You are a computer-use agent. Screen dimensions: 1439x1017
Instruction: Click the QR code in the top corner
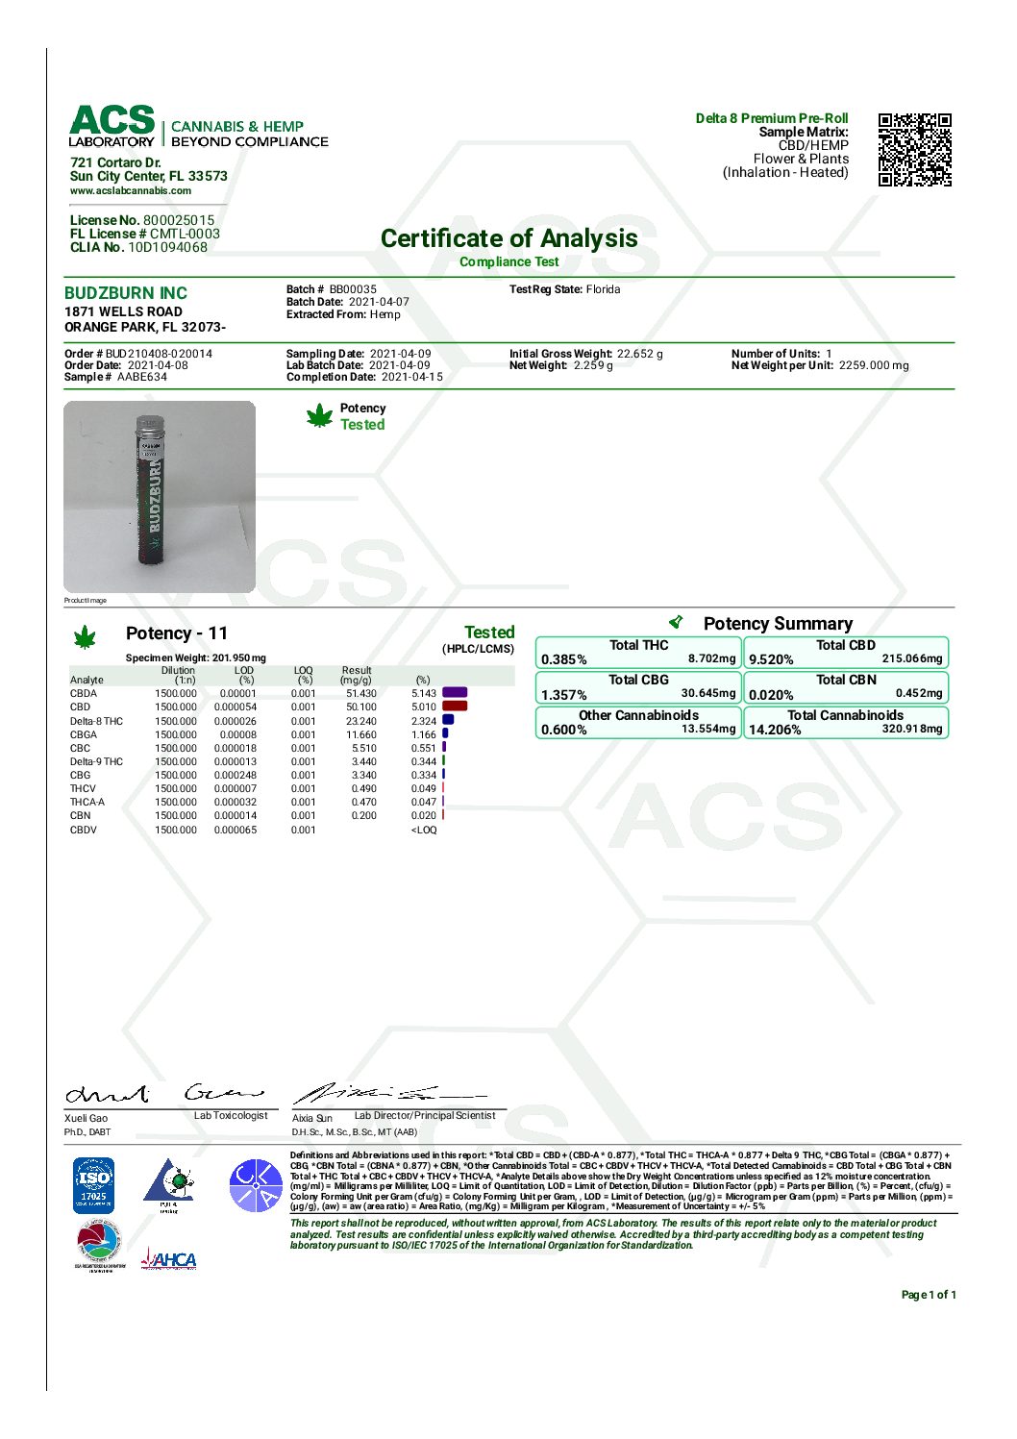click(x=914, y=150)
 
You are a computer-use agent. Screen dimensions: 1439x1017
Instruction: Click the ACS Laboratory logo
click(x=112, y=126)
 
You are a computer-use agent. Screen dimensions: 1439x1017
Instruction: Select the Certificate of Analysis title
click(x=508, y=238)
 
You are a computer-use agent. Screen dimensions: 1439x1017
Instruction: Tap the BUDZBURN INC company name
click(x=126, y=293)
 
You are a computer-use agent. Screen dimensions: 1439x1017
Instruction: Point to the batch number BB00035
click(x=353, y=289)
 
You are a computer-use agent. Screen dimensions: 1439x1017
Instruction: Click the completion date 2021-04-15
click(x=411, y=377)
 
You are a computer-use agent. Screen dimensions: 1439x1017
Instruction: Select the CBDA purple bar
click(x=455, y=692)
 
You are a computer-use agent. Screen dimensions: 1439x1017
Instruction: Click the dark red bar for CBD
click(x=455, y=707)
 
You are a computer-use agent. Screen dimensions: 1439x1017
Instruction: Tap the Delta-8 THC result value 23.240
click(x=361, y=721)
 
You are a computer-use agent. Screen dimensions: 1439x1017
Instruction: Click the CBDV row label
click(x=83, y=830)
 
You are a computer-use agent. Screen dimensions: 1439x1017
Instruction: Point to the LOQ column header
click(x=303, y=675)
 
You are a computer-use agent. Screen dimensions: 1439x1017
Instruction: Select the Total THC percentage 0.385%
click(x=564, y=659)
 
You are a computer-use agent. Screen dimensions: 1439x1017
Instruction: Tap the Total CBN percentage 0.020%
click(x=771, y=695)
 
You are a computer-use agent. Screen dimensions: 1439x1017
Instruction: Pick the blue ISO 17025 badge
click(x=94, y=1184)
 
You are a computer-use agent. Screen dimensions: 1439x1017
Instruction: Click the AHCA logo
click(x=169, y=1259)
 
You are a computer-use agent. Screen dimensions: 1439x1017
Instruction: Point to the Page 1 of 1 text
click(x=928, y=1295)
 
